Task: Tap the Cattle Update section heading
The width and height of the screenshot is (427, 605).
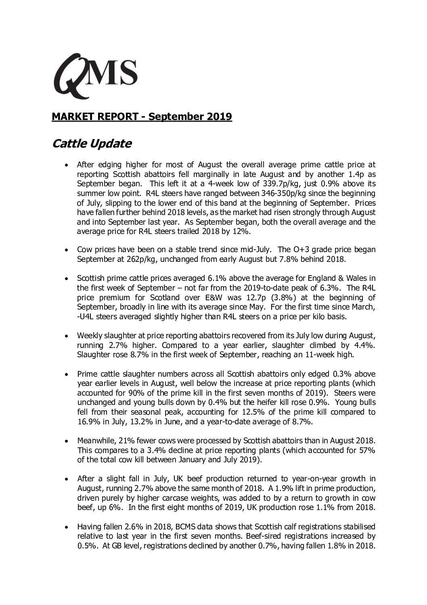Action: point(92,143)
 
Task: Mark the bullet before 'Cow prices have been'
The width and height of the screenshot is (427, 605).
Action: point(66,250)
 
